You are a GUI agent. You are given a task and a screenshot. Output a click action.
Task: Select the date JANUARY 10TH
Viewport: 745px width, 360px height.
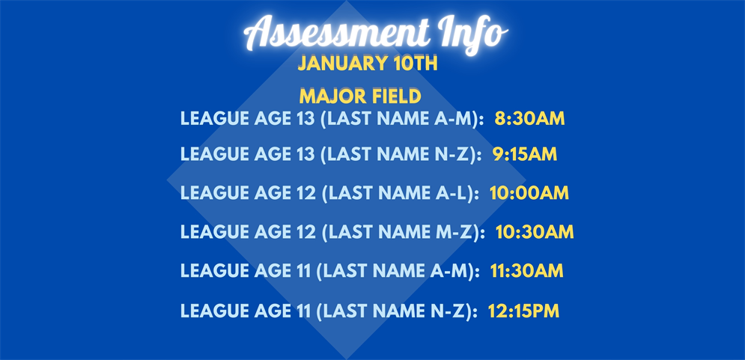(368, 64)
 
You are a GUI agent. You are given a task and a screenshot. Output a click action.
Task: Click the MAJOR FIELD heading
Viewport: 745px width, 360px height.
(360, 97)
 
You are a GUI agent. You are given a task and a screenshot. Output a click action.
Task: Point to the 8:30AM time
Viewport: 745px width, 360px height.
(529, 118)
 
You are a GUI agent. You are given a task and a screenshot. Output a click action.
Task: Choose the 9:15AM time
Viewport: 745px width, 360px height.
(525, 154)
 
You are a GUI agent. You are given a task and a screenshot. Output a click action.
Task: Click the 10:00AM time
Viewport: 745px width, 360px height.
(529, 193)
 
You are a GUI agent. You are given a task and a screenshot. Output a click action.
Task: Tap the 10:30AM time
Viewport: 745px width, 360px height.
(535, 232)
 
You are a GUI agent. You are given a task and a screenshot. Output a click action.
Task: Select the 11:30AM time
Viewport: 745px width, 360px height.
(527, 271)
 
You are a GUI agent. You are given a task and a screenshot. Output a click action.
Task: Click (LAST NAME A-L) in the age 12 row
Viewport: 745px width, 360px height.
(401, 193)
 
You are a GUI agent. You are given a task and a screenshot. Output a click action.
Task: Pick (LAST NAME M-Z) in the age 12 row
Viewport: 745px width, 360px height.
(403, 232)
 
